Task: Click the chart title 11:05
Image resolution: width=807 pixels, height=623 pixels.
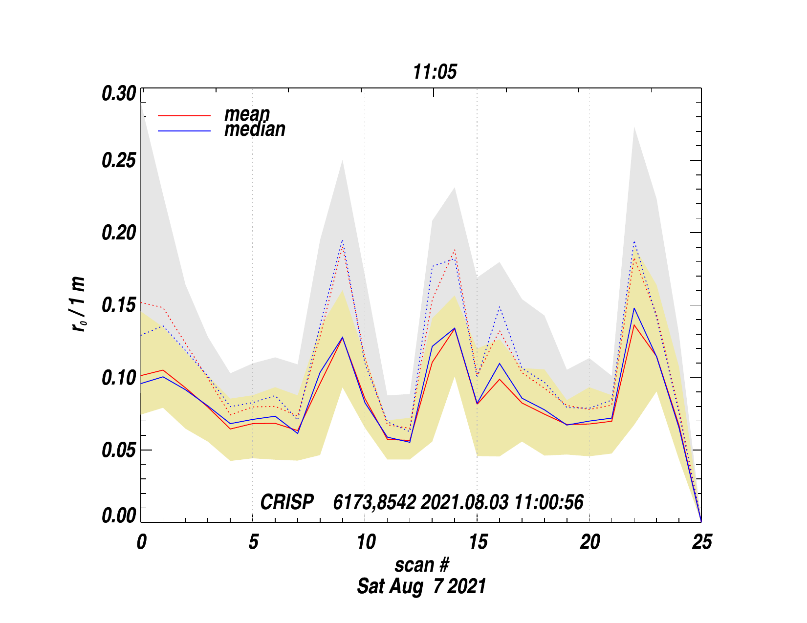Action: coord(435,72)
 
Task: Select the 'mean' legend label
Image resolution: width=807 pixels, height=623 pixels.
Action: coord(247,114)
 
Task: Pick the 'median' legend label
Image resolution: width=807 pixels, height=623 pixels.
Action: coord(255,129)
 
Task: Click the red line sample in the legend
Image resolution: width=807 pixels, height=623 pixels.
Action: coord(184,116)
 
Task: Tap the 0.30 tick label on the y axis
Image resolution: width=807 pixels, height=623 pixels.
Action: coord(119,94)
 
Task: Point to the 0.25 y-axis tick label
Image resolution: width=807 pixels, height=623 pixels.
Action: coord(119,161)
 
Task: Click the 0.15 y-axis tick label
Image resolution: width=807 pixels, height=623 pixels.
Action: coord(119,305)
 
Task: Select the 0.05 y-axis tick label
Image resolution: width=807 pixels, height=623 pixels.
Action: coord(119,450)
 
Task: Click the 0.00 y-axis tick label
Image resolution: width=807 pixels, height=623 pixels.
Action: coord(119,516)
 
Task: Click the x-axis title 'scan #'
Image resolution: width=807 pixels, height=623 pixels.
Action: coord(421,565)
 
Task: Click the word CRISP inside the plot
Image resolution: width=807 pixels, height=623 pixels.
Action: coord(287,502)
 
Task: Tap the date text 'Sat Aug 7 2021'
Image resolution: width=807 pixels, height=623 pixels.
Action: coord(421,586)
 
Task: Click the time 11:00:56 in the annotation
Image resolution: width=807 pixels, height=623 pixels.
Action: coord(548,502)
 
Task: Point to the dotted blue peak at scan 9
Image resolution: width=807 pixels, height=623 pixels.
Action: coord(343,240)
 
